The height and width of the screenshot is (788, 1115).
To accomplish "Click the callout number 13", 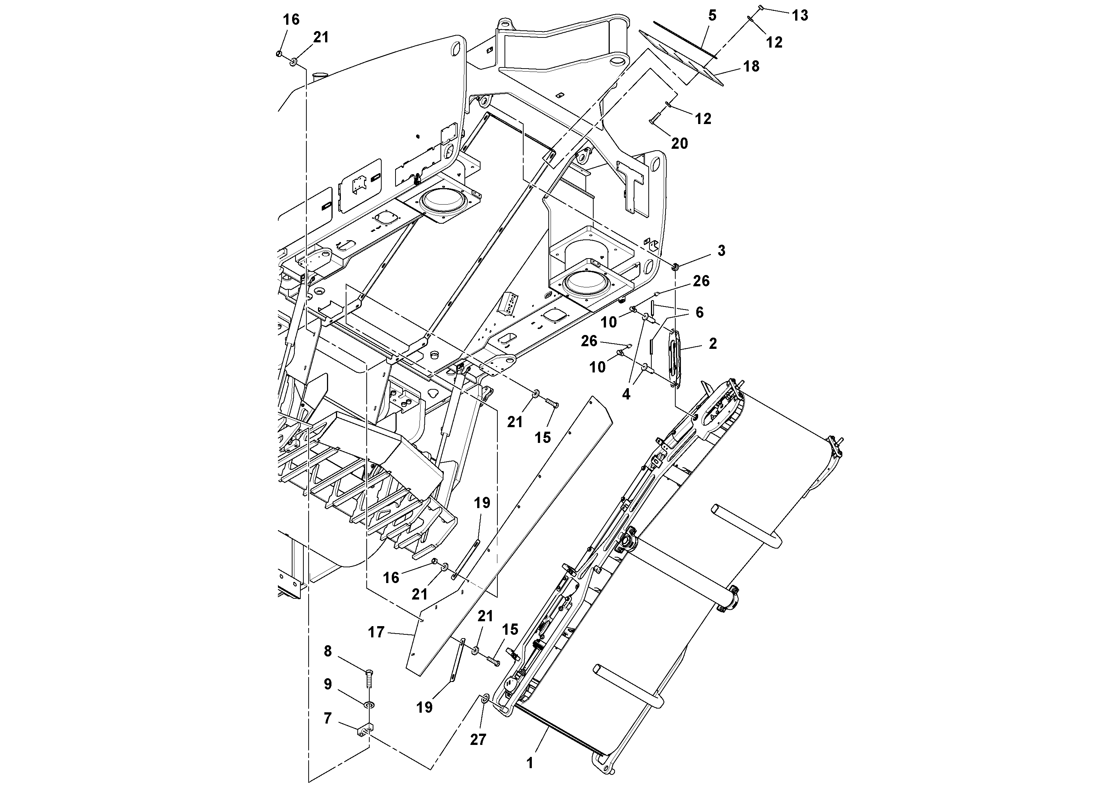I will [x=800, y=15].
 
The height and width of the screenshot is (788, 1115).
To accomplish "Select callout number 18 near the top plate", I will [x=751, y=67].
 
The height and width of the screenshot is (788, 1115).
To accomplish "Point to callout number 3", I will [x=721, y=251].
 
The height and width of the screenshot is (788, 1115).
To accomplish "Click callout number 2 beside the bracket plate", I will [x=712, y=344].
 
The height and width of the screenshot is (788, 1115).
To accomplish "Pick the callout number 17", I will [x=376, y=632].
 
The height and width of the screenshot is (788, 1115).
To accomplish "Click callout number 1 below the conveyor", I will [x=530, y=763].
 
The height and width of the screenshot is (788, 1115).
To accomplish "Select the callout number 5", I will [x=712, y=15].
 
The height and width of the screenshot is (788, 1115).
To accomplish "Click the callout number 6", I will [x=699, y=313].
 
